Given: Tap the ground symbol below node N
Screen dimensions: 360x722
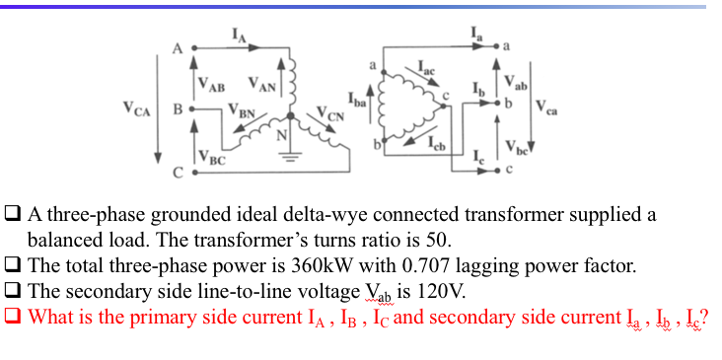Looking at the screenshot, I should pyautogui.click(x=292, y=163).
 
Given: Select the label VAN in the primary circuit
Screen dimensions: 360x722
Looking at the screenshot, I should pyautogui.click(x=261, y=83).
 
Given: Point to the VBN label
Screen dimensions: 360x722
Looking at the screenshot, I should pyautogui.click(x=242, y=109).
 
